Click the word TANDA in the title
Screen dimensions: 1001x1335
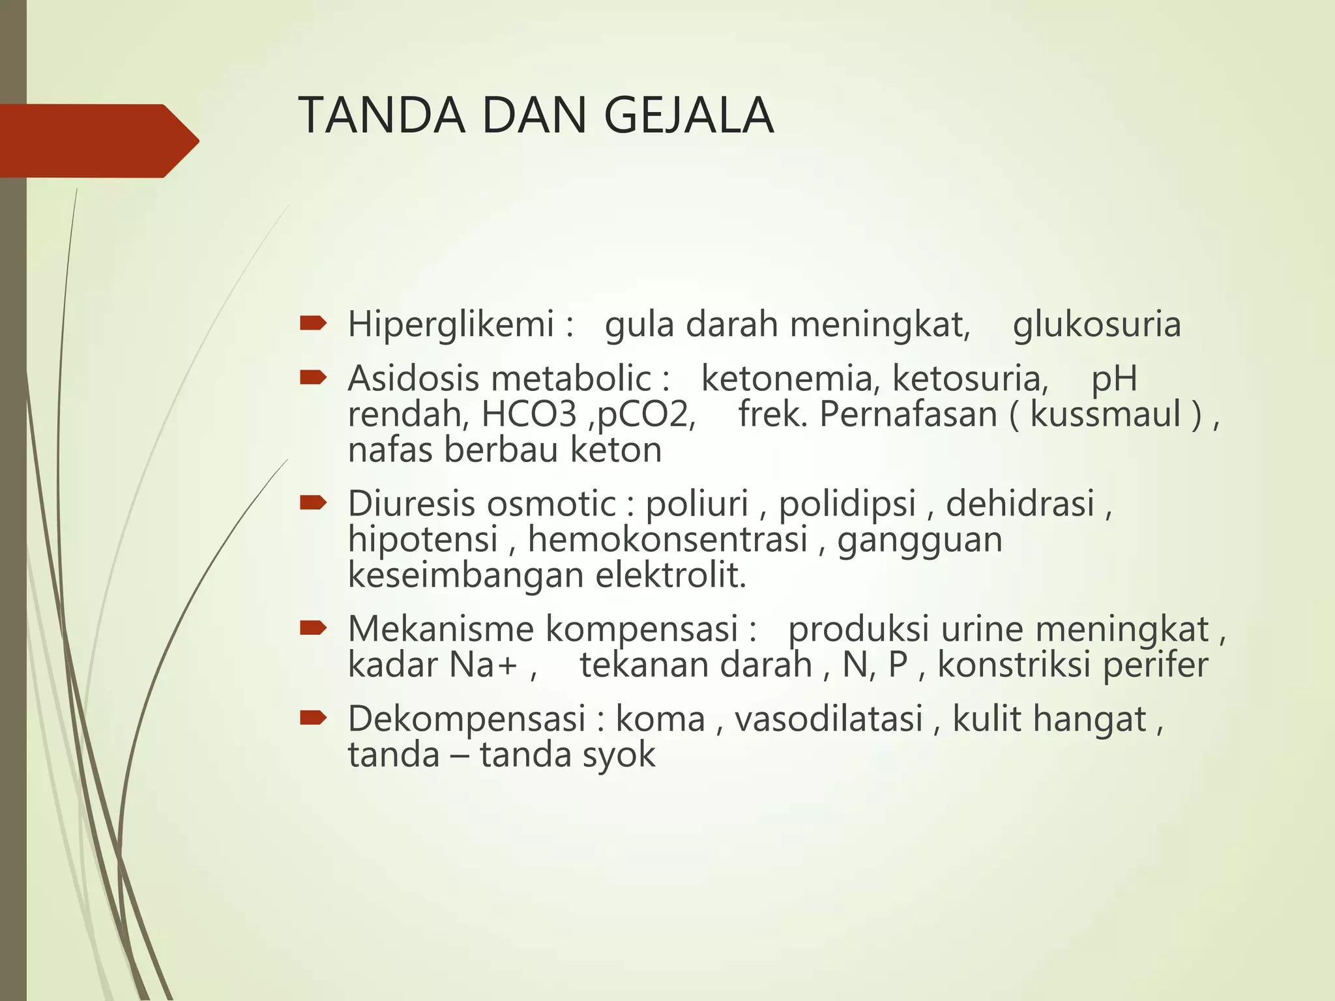(x=382, y=116)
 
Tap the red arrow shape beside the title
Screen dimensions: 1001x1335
(x=98, y=141)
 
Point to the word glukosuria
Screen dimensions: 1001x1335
(x=1096, y=325)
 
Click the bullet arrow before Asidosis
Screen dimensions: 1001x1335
(x=313, y=377)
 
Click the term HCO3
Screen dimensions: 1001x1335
(x=529, y=414)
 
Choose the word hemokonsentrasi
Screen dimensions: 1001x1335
(x=667, y=540)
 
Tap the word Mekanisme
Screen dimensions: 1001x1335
(x=440, y=630)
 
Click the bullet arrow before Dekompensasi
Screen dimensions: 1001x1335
(x=313, y=718)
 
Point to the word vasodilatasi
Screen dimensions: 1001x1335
(x=829, y=719)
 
